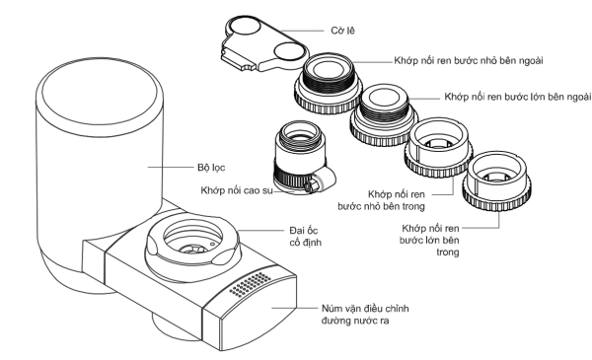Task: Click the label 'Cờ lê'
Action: coord(342,31)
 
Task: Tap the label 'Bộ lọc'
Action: coord(211,167)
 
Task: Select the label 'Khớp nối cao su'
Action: coord(237,190)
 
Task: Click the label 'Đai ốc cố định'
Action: coord(306,237)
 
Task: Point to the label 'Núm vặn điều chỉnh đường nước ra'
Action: coord(365,315)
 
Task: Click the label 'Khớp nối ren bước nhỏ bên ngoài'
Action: coord(469,61)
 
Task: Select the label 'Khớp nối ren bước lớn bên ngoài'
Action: coord(518,97)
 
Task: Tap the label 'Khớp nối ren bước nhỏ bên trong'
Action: coord(381,200)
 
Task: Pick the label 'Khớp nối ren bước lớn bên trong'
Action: coord(429,240)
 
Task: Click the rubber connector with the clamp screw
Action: coord(303,157)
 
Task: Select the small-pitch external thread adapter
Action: coord(328,83)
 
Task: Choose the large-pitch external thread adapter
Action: coord(384,115)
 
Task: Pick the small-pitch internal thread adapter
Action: coord(438,147)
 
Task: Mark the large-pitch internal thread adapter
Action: coord(497,181)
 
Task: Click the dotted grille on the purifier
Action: coord(250,284)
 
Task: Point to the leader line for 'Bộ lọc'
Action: coord(171,167)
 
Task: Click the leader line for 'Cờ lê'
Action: coord(302,31)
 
